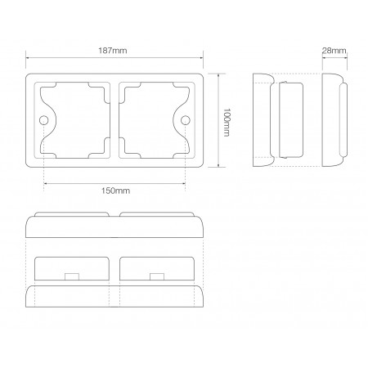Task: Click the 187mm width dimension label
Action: tap(114, 51)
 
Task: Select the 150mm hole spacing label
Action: tap(114, 191)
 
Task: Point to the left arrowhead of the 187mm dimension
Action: tap(29, 59)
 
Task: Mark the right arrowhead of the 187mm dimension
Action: tap(201, 59)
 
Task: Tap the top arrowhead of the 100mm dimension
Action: tap(220, 74)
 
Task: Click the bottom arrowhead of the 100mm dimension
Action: tap(220, 166)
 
